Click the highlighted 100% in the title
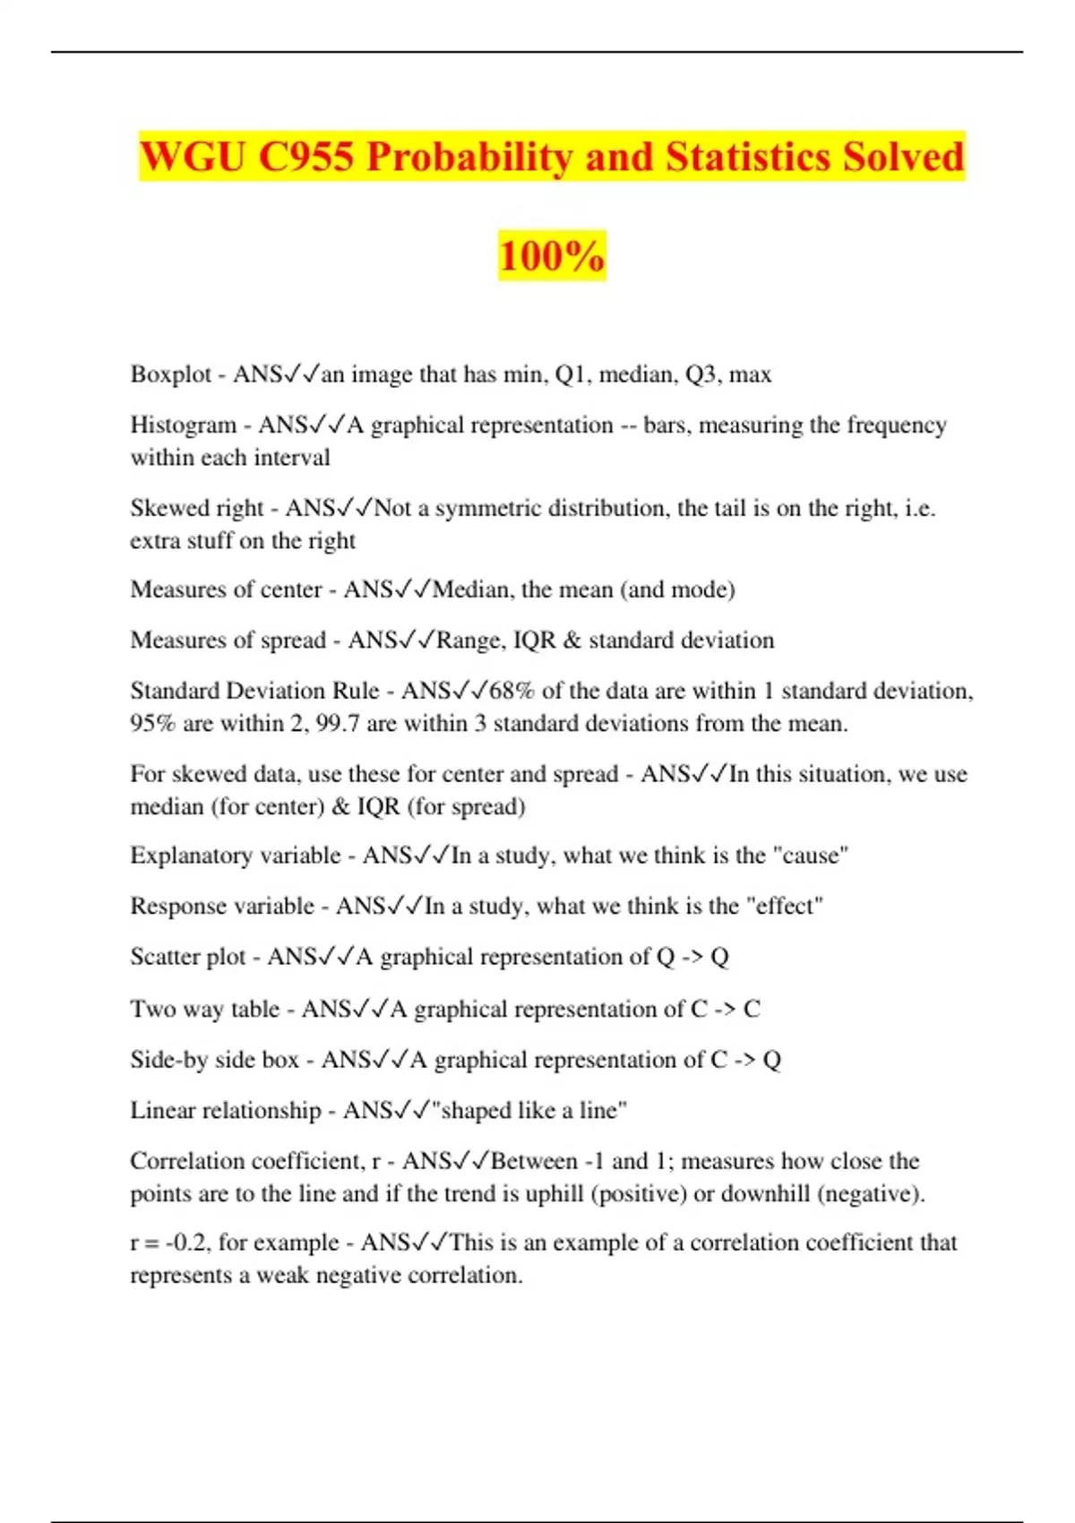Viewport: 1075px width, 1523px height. (x=552, y=256)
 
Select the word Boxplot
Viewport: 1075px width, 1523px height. (x=170, y=374)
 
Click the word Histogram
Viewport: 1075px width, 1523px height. (x=183, y=425)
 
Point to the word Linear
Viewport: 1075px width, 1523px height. (x=160, y=1110)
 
